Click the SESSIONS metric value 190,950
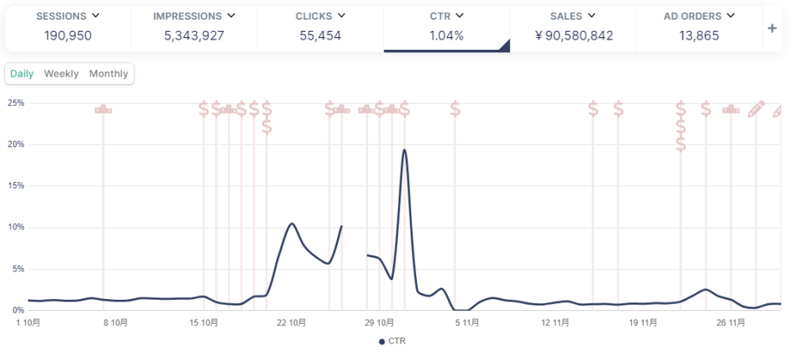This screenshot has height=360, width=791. coord(66,36)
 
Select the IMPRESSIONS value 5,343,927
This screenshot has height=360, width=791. coord(194,36)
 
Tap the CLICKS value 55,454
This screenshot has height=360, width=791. coord(320,36)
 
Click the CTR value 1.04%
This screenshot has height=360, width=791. coord(446,36)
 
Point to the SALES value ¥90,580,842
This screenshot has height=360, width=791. coord(573,36)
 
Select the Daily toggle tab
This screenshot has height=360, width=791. coord(21,74)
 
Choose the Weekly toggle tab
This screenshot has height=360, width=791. coord(61,74)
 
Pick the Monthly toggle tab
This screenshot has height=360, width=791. coord(108,74)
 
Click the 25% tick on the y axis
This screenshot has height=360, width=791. coord(16,103)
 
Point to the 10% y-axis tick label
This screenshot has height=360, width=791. coord(16,227)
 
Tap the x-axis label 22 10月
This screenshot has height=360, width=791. coord(293,323)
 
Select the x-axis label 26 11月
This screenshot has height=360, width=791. coord(732,323)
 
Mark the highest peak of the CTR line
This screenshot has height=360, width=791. coord(404,150)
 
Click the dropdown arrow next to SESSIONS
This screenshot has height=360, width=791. coord(96,15)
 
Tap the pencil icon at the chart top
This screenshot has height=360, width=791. coord(756,108)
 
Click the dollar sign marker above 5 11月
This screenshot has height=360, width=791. coord(455,109)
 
